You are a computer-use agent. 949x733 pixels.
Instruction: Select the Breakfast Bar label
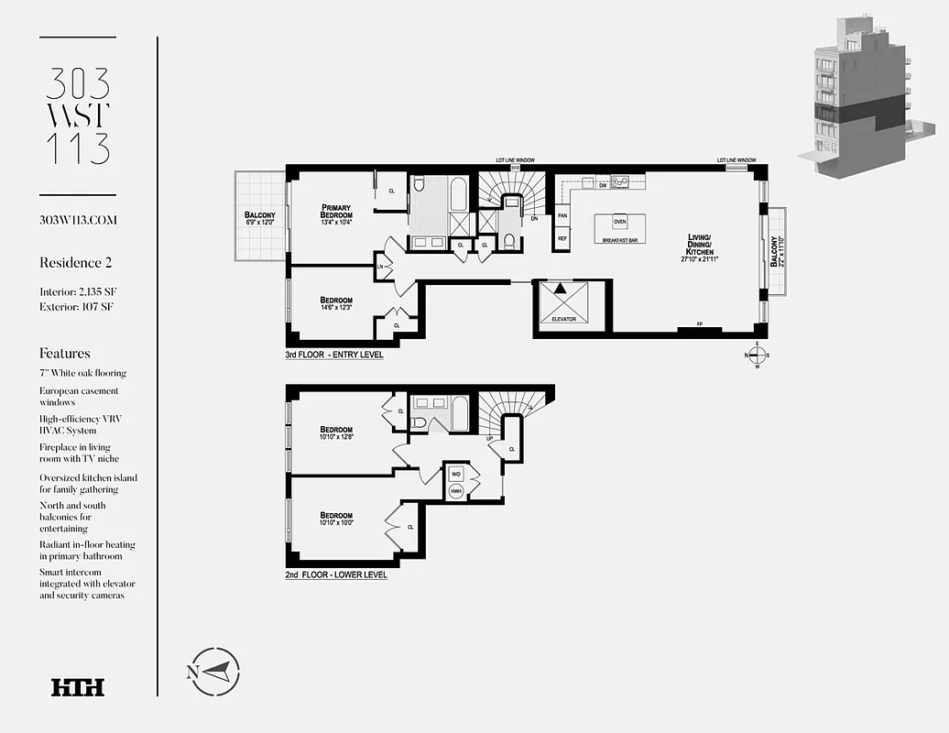619,239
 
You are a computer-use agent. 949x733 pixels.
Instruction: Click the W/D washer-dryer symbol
455,475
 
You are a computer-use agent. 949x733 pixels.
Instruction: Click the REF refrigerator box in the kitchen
562,237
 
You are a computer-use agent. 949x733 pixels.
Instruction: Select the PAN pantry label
562,216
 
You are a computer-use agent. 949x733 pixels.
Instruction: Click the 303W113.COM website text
79,221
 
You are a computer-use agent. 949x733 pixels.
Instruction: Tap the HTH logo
78,687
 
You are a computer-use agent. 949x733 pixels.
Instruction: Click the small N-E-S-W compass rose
758,355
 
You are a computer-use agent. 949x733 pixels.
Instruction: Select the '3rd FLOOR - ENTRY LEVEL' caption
334,355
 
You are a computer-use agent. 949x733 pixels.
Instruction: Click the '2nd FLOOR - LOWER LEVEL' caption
336,575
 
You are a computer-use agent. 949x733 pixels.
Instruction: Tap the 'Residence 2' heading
76,263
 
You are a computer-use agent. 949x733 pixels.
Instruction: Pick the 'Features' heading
65,353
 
